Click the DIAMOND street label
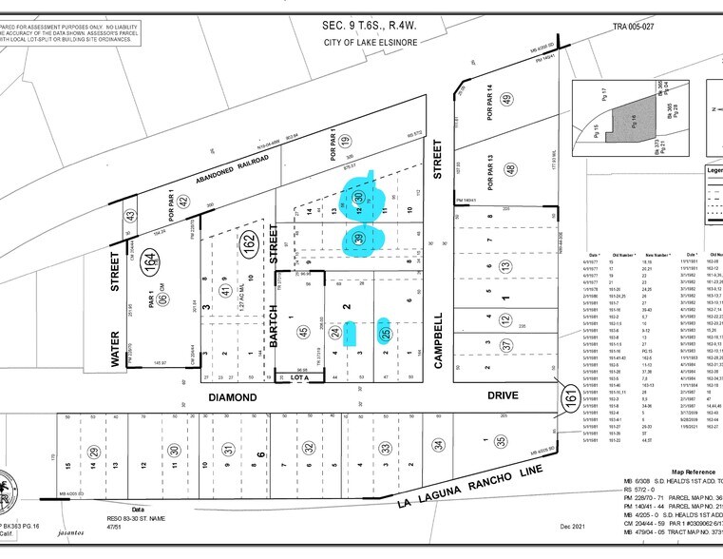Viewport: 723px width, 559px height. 233,395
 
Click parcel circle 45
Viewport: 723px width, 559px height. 302,332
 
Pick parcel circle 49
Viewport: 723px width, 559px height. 508,101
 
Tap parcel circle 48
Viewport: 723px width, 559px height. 510,168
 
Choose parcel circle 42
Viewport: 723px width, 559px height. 183,202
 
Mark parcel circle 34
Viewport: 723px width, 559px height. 438,444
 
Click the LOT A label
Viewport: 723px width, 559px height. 301,378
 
